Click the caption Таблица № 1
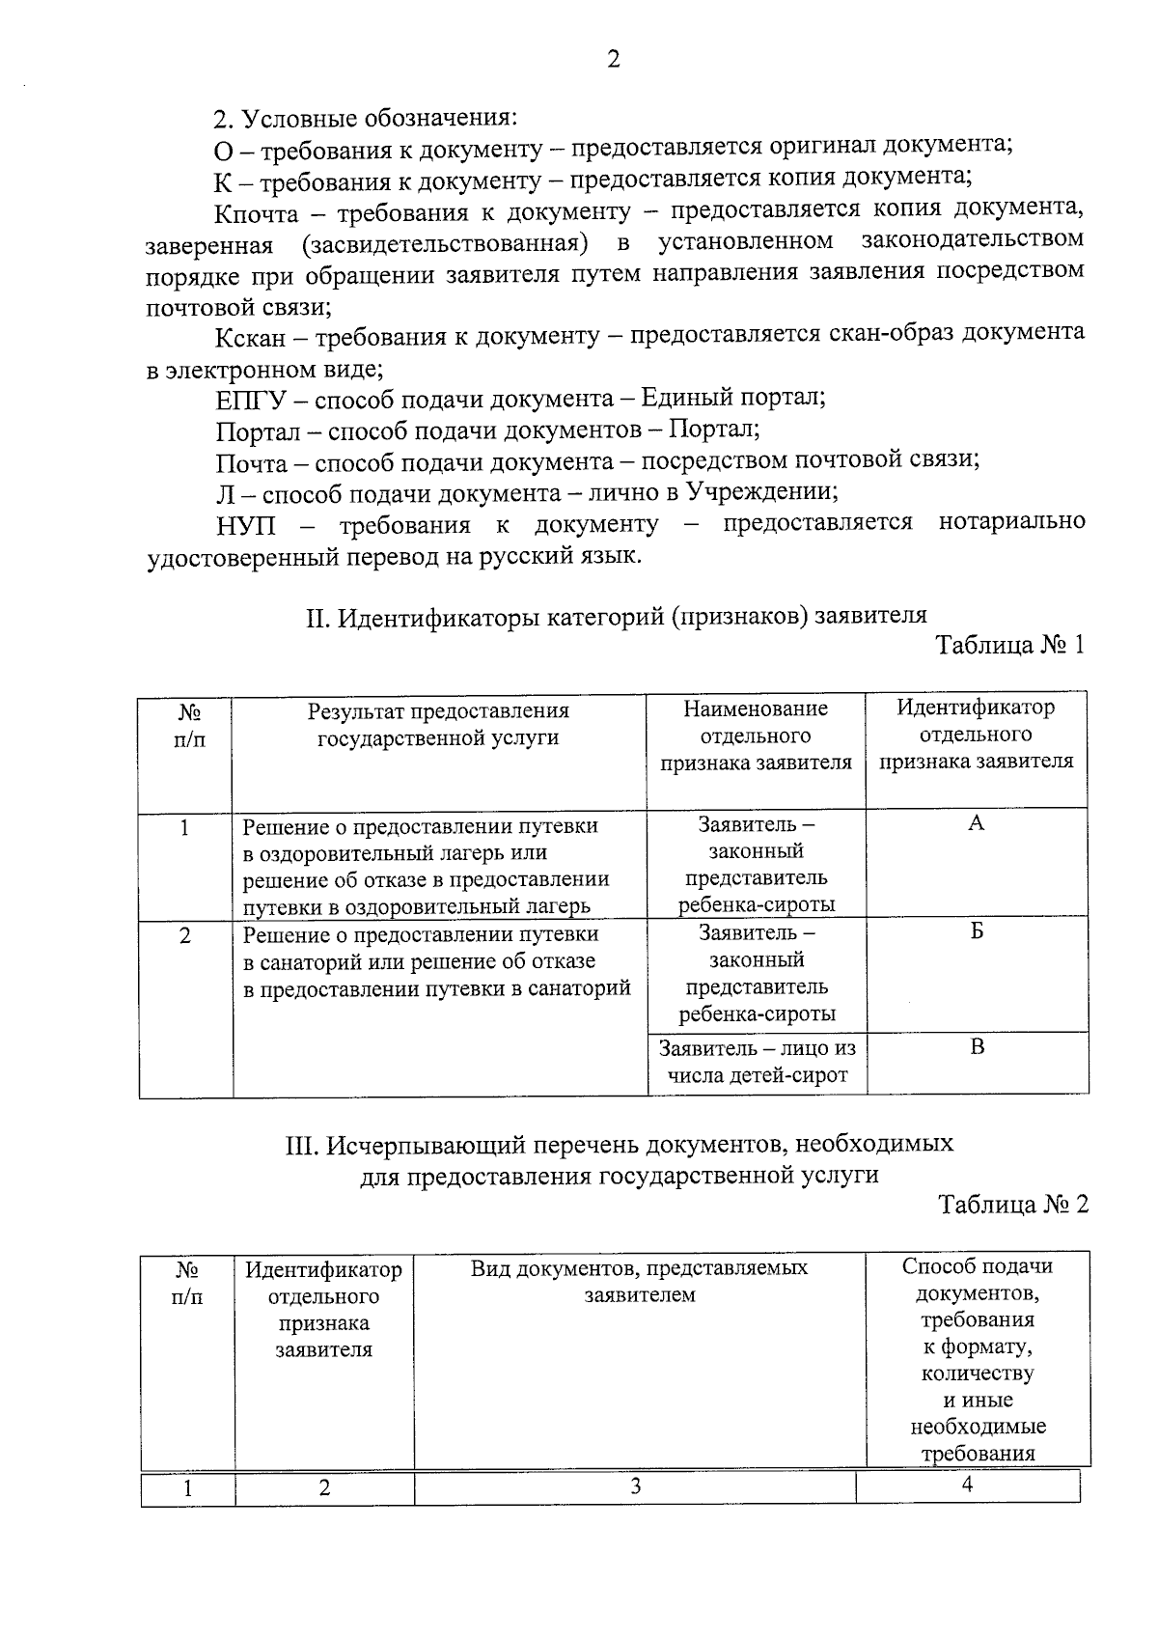click(1010, 645)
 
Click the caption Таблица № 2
click(1012, 1205)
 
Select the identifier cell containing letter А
click(976, 823)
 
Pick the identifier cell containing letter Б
click(977, 932)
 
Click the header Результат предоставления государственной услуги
click(438, 724)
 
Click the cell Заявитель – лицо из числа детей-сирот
click(757, 1061)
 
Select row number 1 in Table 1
click(184, 827)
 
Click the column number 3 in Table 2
click(635, 1486)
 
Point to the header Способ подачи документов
click(977, 1279)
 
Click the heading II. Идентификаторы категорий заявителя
click(616, 616)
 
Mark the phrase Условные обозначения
click(377, 119)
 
